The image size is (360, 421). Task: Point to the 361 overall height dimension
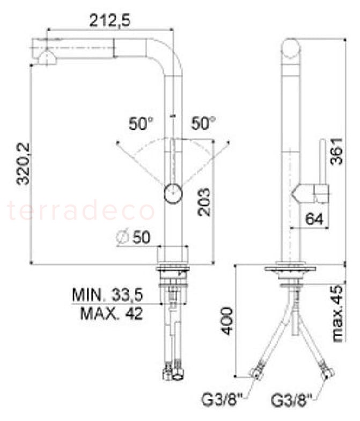coord(336,151)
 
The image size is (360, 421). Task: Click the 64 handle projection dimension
coord(314,219)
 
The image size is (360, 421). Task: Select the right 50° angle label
coord(203,124)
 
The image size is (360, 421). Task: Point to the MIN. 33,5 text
coord(108,295)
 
